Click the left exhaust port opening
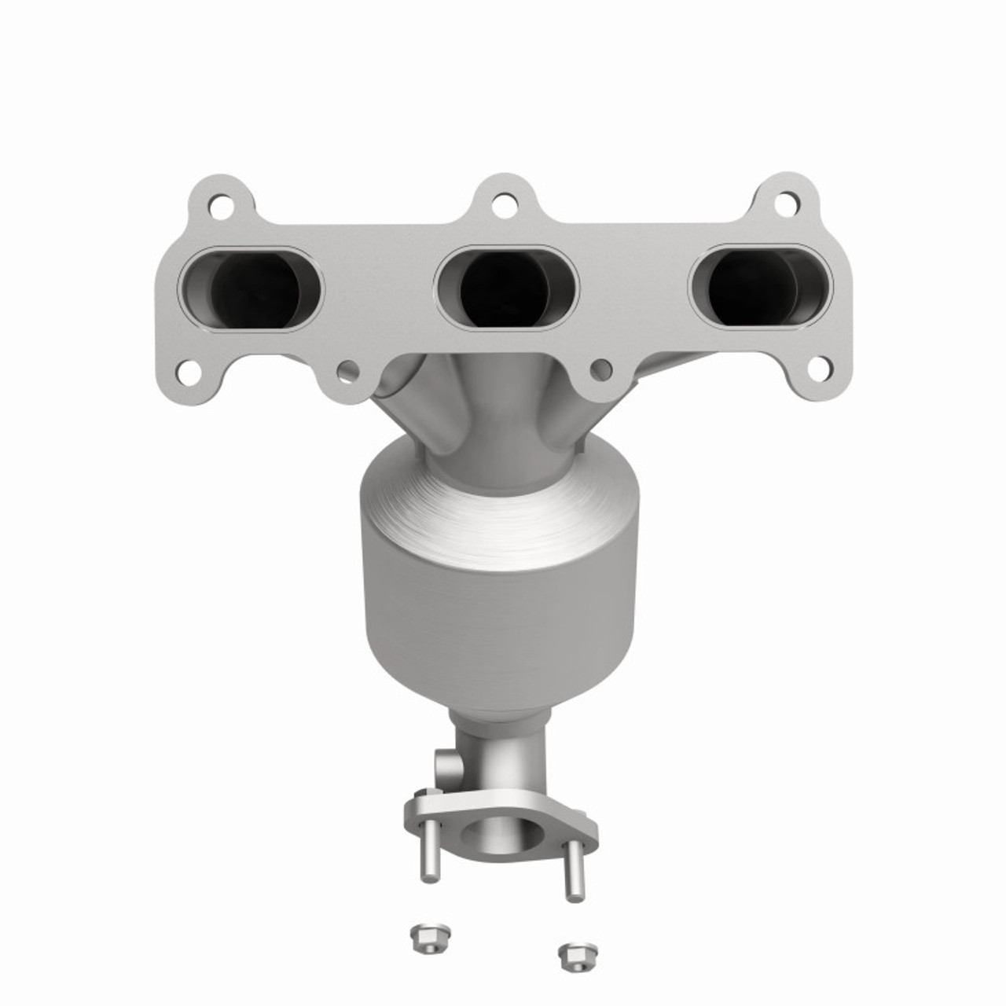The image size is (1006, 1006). pos(251,288)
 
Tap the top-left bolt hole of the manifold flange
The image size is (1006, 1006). pos(220,208)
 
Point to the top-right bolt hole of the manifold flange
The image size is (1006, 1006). pos(785,204)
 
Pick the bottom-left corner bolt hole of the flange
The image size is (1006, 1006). pos(187,372)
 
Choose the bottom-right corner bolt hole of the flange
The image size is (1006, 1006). pos(818,368)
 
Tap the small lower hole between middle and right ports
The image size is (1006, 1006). pos(601,368)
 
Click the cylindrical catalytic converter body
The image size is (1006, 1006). pos(500,621)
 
